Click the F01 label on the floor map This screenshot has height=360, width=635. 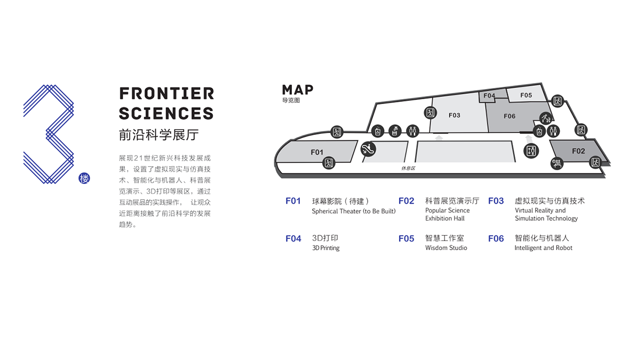click(317, 152)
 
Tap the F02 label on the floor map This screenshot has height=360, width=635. click(578, 151)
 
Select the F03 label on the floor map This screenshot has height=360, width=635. click(455, 115)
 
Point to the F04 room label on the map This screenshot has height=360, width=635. click(489, 95)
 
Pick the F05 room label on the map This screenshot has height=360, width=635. click(526, 95)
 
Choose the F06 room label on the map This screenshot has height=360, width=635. click(510, 116)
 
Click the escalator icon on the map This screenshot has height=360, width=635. click(368, 149)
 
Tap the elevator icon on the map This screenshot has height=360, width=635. click(531, 151)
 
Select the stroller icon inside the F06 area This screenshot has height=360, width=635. click(546, 118)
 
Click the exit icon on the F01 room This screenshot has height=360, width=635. click(328, 163)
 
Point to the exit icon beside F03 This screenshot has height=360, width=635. click(430, 113)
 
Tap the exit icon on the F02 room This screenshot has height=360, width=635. click(595, 162)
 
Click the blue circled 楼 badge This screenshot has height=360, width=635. click(84, 178)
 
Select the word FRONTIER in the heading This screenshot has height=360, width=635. click(166, 93)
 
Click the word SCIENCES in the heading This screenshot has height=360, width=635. click(166, 114)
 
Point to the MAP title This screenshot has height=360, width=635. click(298, 90)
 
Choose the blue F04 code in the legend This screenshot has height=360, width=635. click(293, 238)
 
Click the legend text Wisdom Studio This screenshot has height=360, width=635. click(446, 248)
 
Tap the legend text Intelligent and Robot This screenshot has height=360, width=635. click(543, 248)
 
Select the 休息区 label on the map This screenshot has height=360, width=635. click(408, 168)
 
